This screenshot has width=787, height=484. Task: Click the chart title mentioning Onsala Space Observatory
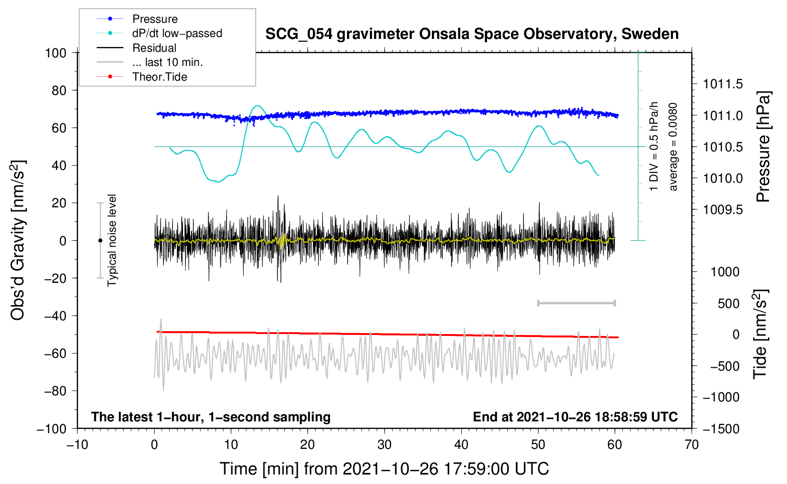[472, 34]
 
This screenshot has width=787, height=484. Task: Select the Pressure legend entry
[137, 19]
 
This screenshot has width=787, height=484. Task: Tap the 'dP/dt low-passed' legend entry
[159, 33]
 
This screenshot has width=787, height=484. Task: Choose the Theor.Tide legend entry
[142, 77]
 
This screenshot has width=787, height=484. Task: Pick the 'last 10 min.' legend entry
[150, 62]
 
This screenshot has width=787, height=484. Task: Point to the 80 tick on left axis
[59, 91]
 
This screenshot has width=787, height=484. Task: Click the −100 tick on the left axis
[52, 429]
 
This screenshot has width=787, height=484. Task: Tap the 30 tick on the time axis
[384, 445]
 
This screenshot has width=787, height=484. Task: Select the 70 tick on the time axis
[691, 445]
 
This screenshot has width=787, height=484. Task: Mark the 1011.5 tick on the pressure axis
[723, 84]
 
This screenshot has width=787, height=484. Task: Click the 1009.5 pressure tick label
[723, 210]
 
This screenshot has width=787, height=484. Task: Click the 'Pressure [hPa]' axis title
[763, 147]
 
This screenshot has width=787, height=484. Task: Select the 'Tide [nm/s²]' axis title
[760, 334]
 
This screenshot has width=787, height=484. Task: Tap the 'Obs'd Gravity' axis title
[18, 240]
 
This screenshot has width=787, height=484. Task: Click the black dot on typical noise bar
[100, 241]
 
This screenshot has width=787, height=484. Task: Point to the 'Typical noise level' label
[112, 241]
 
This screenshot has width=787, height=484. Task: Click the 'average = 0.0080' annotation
[673, 147]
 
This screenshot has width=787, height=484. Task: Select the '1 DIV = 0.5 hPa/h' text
[653, 147]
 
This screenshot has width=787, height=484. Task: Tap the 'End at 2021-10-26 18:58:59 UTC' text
[575, 417]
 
